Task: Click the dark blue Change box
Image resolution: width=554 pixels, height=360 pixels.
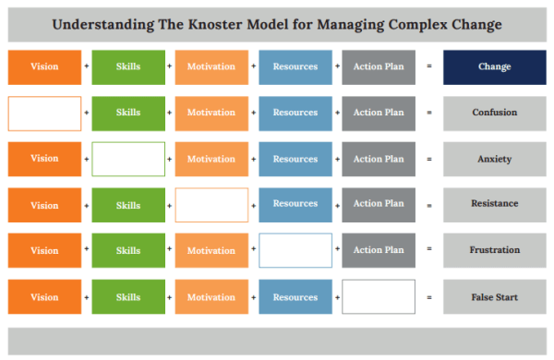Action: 494,67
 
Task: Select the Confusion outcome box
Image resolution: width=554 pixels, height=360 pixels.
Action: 494,113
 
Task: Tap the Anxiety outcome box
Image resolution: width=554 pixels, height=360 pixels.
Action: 494,159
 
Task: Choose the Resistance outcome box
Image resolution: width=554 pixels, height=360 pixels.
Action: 494,204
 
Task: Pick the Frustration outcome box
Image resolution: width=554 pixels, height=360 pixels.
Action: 494,250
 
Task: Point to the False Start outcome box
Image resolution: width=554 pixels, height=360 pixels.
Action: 494,297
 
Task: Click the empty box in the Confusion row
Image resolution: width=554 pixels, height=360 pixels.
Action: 44,113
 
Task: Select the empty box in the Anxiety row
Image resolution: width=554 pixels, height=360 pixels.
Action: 128,159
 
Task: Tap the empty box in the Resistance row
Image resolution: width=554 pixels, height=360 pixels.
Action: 211,204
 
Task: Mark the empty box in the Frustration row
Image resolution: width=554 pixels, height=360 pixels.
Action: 295,250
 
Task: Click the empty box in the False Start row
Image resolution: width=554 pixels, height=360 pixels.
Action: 379,297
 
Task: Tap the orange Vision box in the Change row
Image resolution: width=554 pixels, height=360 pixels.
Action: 44,67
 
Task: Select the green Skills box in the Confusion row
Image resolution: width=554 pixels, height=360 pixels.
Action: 128,113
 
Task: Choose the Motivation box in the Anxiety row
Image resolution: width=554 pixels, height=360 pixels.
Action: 211,159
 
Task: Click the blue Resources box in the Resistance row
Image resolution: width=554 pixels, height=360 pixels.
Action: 295,204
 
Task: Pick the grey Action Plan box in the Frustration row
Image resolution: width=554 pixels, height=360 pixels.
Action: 379,250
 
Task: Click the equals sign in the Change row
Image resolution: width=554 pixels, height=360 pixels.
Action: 429,67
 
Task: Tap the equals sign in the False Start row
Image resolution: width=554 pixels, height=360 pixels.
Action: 429,297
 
